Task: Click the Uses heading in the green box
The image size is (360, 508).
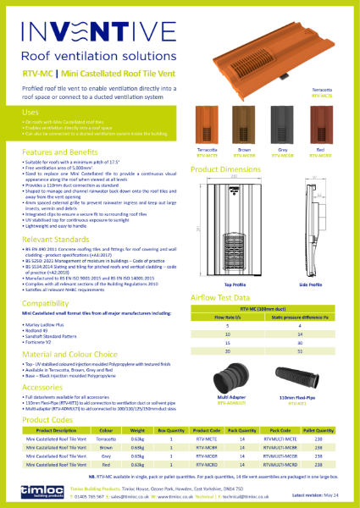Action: click(30, 112)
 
